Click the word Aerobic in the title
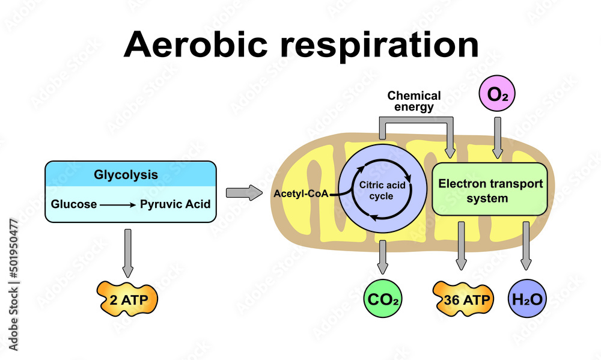(x=197, y=44)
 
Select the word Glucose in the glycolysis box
(x=74, y=204)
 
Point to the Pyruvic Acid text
(x=175, y=204)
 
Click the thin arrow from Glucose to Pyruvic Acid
(x=117, y=205)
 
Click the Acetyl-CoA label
(x=299, y=194)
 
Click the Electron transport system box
(x=490, y=189)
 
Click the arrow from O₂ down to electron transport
(x=497, y=138)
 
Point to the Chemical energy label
(x=414, y=102)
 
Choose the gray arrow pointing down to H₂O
(x=526, y=246)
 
